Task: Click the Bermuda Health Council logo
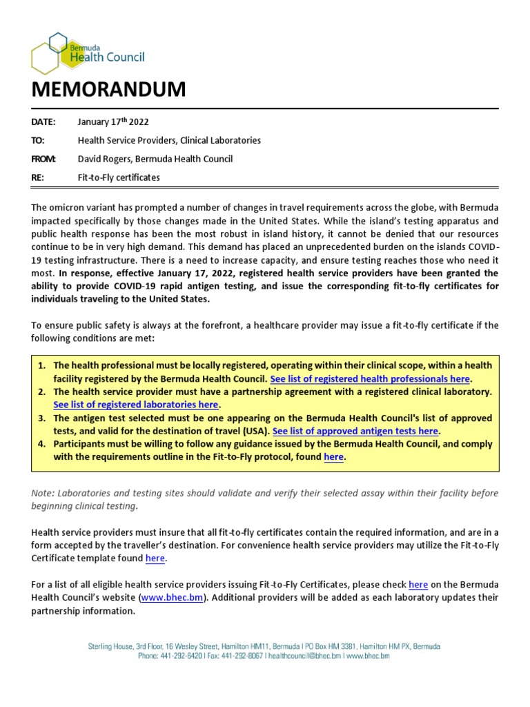point(88,52)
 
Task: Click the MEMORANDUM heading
point(108,89)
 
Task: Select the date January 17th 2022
point(114,122)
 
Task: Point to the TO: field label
point(38,140)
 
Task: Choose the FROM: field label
point(44,159)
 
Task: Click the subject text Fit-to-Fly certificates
point(119,177)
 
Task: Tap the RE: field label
point(38,177)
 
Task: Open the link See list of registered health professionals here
point(370,379)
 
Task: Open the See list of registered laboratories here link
point(136,405)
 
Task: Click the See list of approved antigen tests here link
point(355,431)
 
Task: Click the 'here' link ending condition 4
point(333,457)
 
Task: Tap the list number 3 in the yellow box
point(41,418)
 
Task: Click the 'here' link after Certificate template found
point(155,558)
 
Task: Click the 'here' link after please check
point(418,584)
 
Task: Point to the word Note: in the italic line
point(43,493)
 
